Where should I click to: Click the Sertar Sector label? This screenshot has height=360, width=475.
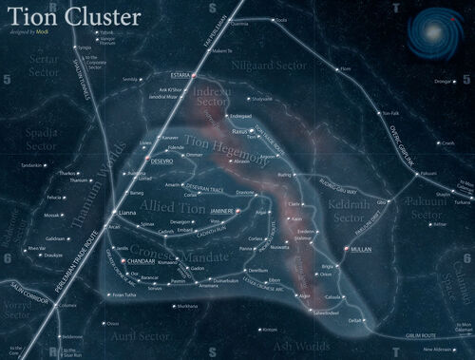pyautogui.click(x=46, y=89)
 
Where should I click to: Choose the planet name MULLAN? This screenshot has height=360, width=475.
pyautogui.click(x=361, y=248)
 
